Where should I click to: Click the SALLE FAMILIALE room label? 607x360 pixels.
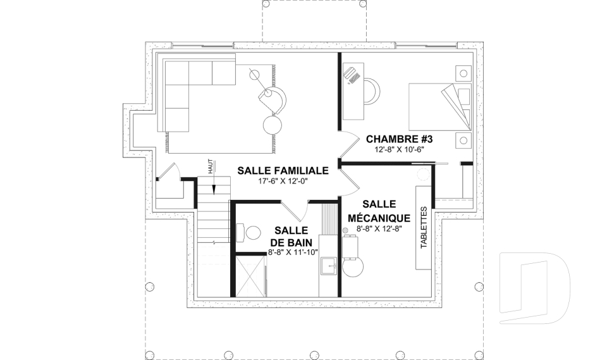(x=283, y=170)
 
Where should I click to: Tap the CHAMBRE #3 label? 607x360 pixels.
(x=394, y=139)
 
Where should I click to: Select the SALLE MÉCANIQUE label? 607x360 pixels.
(x=379, y=211)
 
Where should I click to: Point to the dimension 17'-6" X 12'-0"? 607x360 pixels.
(x=283, y=182)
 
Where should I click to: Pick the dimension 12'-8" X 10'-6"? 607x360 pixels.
(x=394, y=149)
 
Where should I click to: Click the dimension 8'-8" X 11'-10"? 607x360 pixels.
(x=292, y=252)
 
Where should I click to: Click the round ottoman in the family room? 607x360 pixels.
(x=274, y=123)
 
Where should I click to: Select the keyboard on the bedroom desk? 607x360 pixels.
(x=352, y=75)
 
